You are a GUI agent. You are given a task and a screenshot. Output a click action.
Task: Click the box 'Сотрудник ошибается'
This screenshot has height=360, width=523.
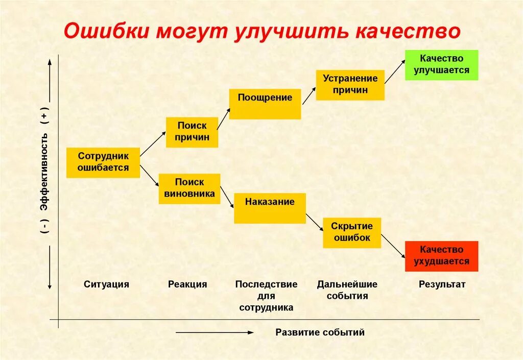pyautogui.click(x=103, y=162)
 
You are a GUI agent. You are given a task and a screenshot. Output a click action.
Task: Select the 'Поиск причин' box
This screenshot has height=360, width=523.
pyautogui.click(x=192, y=132)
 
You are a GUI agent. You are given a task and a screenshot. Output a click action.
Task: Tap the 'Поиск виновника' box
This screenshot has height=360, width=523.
pyautogui.click(x=189, y=188)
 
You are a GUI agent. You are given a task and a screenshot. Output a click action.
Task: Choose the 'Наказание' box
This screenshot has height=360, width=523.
pyautogui.click(x=270, y=207)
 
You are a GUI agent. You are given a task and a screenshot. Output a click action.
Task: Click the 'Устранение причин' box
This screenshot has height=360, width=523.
pyautogui.click(x=350, y=85)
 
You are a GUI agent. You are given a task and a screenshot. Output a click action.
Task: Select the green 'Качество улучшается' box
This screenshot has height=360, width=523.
pyautogui.click(x=441, y=65)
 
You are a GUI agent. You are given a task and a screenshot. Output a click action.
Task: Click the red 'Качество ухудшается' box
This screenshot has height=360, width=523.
pyautogui.click(x=441, y=256)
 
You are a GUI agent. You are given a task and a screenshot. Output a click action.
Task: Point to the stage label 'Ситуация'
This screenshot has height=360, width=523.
pyautogui.click(x=107, y=284)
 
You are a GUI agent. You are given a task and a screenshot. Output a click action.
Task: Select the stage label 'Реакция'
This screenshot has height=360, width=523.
pyautogui.click(x=187, y=284)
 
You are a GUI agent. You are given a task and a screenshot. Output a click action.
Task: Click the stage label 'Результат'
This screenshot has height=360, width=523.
pyautogui.click(x=442, y=284)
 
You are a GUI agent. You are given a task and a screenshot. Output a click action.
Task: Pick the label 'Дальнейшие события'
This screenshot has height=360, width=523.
pyautogui.click(x=347, y=290)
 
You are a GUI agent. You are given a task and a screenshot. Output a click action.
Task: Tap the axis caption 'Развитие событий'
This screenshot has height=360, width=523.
pyautogui.click(x=320, y=332)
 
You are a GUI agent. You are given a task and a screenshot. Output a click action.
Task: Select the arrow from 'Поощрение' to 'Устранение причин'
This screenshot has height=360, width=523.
pyautogui.click(x=309, y=96)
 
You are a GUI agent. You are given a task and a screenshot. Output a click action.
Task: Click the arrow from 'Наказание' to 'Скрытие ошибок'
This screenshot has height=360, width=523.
pyautogui.click(x=314, y=219)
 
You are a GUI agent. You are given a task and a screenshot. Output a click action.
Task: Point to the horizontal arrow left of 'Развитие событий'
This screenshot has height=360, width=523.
pyautogui.click(x=215, y=332)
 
